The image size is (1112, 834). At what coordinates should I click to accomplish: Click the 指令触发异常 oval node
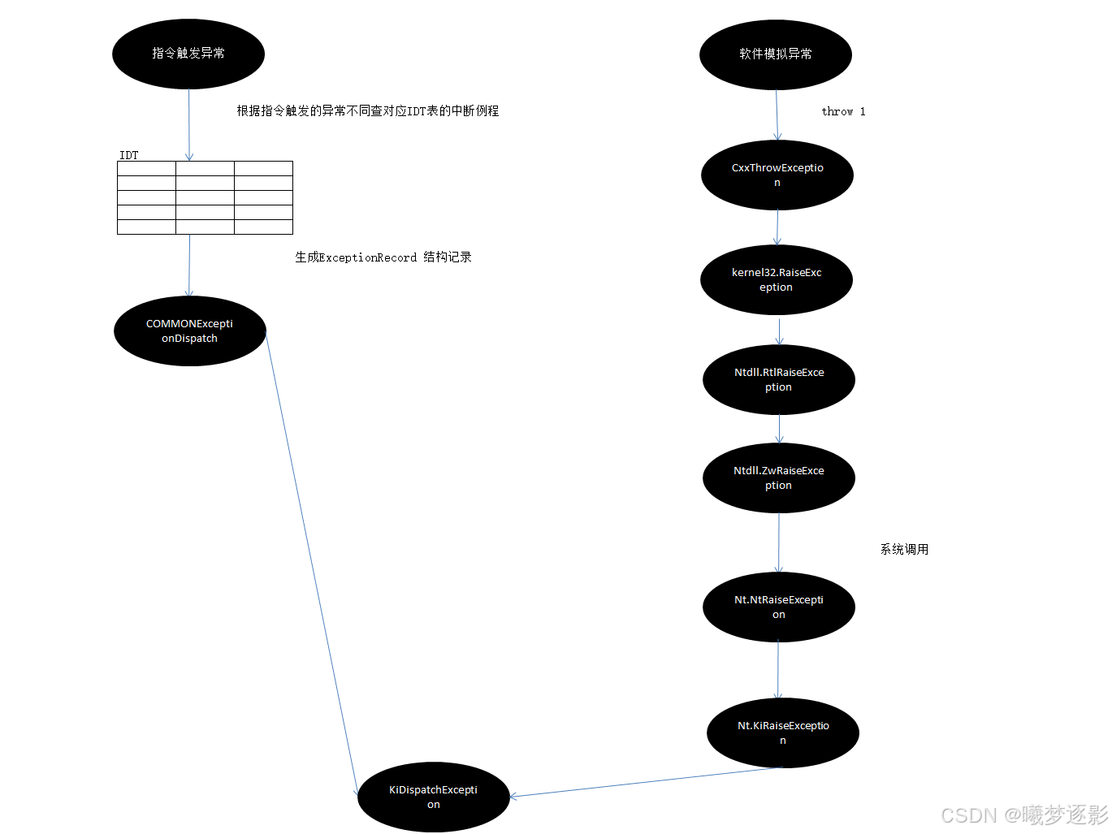(x=188, y=54)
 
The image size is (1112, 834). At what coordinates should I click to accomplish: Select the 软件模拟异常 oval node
(x=775, y=54)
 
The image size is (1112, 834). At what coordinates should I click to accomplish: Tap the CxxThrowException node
(x=777, y=175)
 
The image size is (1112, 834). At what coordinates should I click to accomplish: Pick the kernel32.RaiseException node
(x=776, y=279)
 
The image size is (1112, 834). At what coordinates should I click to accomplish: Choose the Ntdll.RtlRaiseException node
(x=778, y=379)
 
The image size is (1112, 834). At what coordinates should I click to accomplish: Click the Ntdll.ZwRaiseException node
(x=778, y=477)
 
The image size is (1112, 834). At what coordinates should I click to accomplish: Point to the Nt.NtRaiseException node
(x=778, y=607)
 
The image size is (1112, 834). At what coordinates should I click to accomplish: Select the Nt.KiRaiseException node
(x=782, y=732)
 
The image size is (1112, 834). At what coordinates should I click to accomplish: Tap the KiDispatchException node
(x=433, y=797)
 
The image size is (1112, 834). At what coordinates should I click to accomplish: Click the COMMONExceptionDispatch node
(x=189, y=331)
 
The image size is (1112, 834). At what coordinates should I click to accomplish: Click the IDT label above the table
(x=129, y=155)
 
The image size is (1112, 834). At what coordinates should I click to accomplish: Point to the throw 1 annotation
(x=843, y=111)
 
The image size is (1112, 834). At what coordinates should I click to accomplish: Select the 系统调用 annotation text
(x=904, y=550)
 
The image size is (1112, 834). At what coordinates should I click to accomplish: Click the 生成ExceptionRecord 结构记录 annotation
(x=383, y=257)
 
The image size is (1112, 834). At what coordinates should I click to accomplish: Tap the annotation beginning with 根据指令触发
(x=367, y=111)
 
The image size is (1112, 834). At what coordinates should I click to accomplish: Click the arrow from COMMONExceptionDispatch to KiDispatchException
(x=311, y=560)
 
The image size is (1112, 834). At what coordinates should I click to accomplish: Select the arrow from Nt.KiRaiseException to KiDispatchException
(x=646, y=782)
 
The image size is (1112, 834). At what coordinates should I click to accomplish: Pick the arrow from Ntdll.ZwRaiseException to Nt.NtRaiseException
(x=778, y=542)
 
